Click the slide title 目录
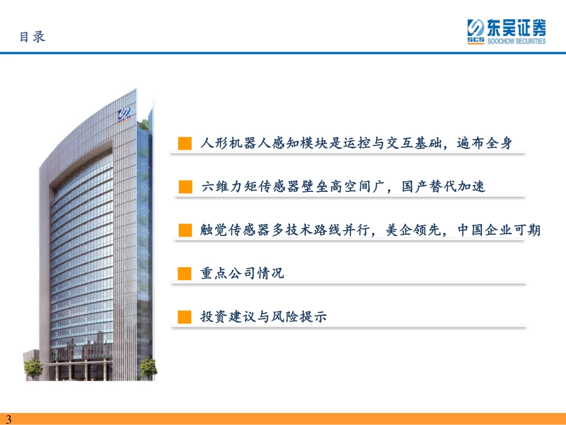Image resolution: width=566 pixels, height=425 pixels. pos(33,37)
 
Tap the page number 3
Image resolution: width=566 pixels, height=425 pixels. pos(9,419)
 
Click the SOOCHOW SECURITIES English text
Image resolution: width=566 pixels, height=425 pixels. pos(516,41)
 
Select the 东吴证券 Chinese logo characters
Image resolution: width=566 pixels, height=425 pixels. pos(516,27)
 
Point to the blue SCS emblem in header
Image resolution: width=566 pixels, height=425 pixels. pos(476,31)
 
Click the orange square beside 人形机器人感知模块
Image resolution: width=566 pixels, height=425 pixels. pos(185,143)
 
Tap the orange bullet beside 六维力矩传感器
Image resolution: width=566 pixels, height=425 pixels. pos(185,187)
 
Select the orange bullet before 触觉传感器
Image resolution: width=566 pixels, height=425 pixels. pos(185,230)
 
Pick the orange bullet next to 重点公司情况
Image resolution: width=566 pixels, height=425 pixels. pos(185,274)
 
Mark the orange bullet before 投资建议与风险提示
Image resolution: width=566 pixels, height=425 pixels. pos(185,317)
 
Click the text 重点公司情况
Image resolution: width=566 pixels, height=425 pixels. pos(242,274)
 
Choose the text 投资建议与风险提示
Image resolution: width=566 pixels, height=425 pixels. pos(263,317)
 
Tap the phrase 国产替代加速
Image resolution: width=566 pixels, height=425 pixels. pos(443,187)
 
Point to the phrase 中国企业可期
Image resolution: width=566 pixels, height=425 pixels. pos(499,230)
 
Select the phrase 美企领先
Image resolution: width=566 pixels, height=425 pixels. pos(413,230)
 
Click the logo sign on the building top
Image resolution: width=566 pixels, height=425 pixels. pos(124,115)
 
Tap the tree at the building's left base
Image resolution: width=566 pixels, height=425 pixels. pos(33,368)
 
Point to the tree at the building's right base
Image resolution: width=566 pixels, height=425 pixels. pos(148,368)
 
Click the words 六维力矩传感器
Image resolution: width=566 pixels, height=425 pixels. pos(250,187)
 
